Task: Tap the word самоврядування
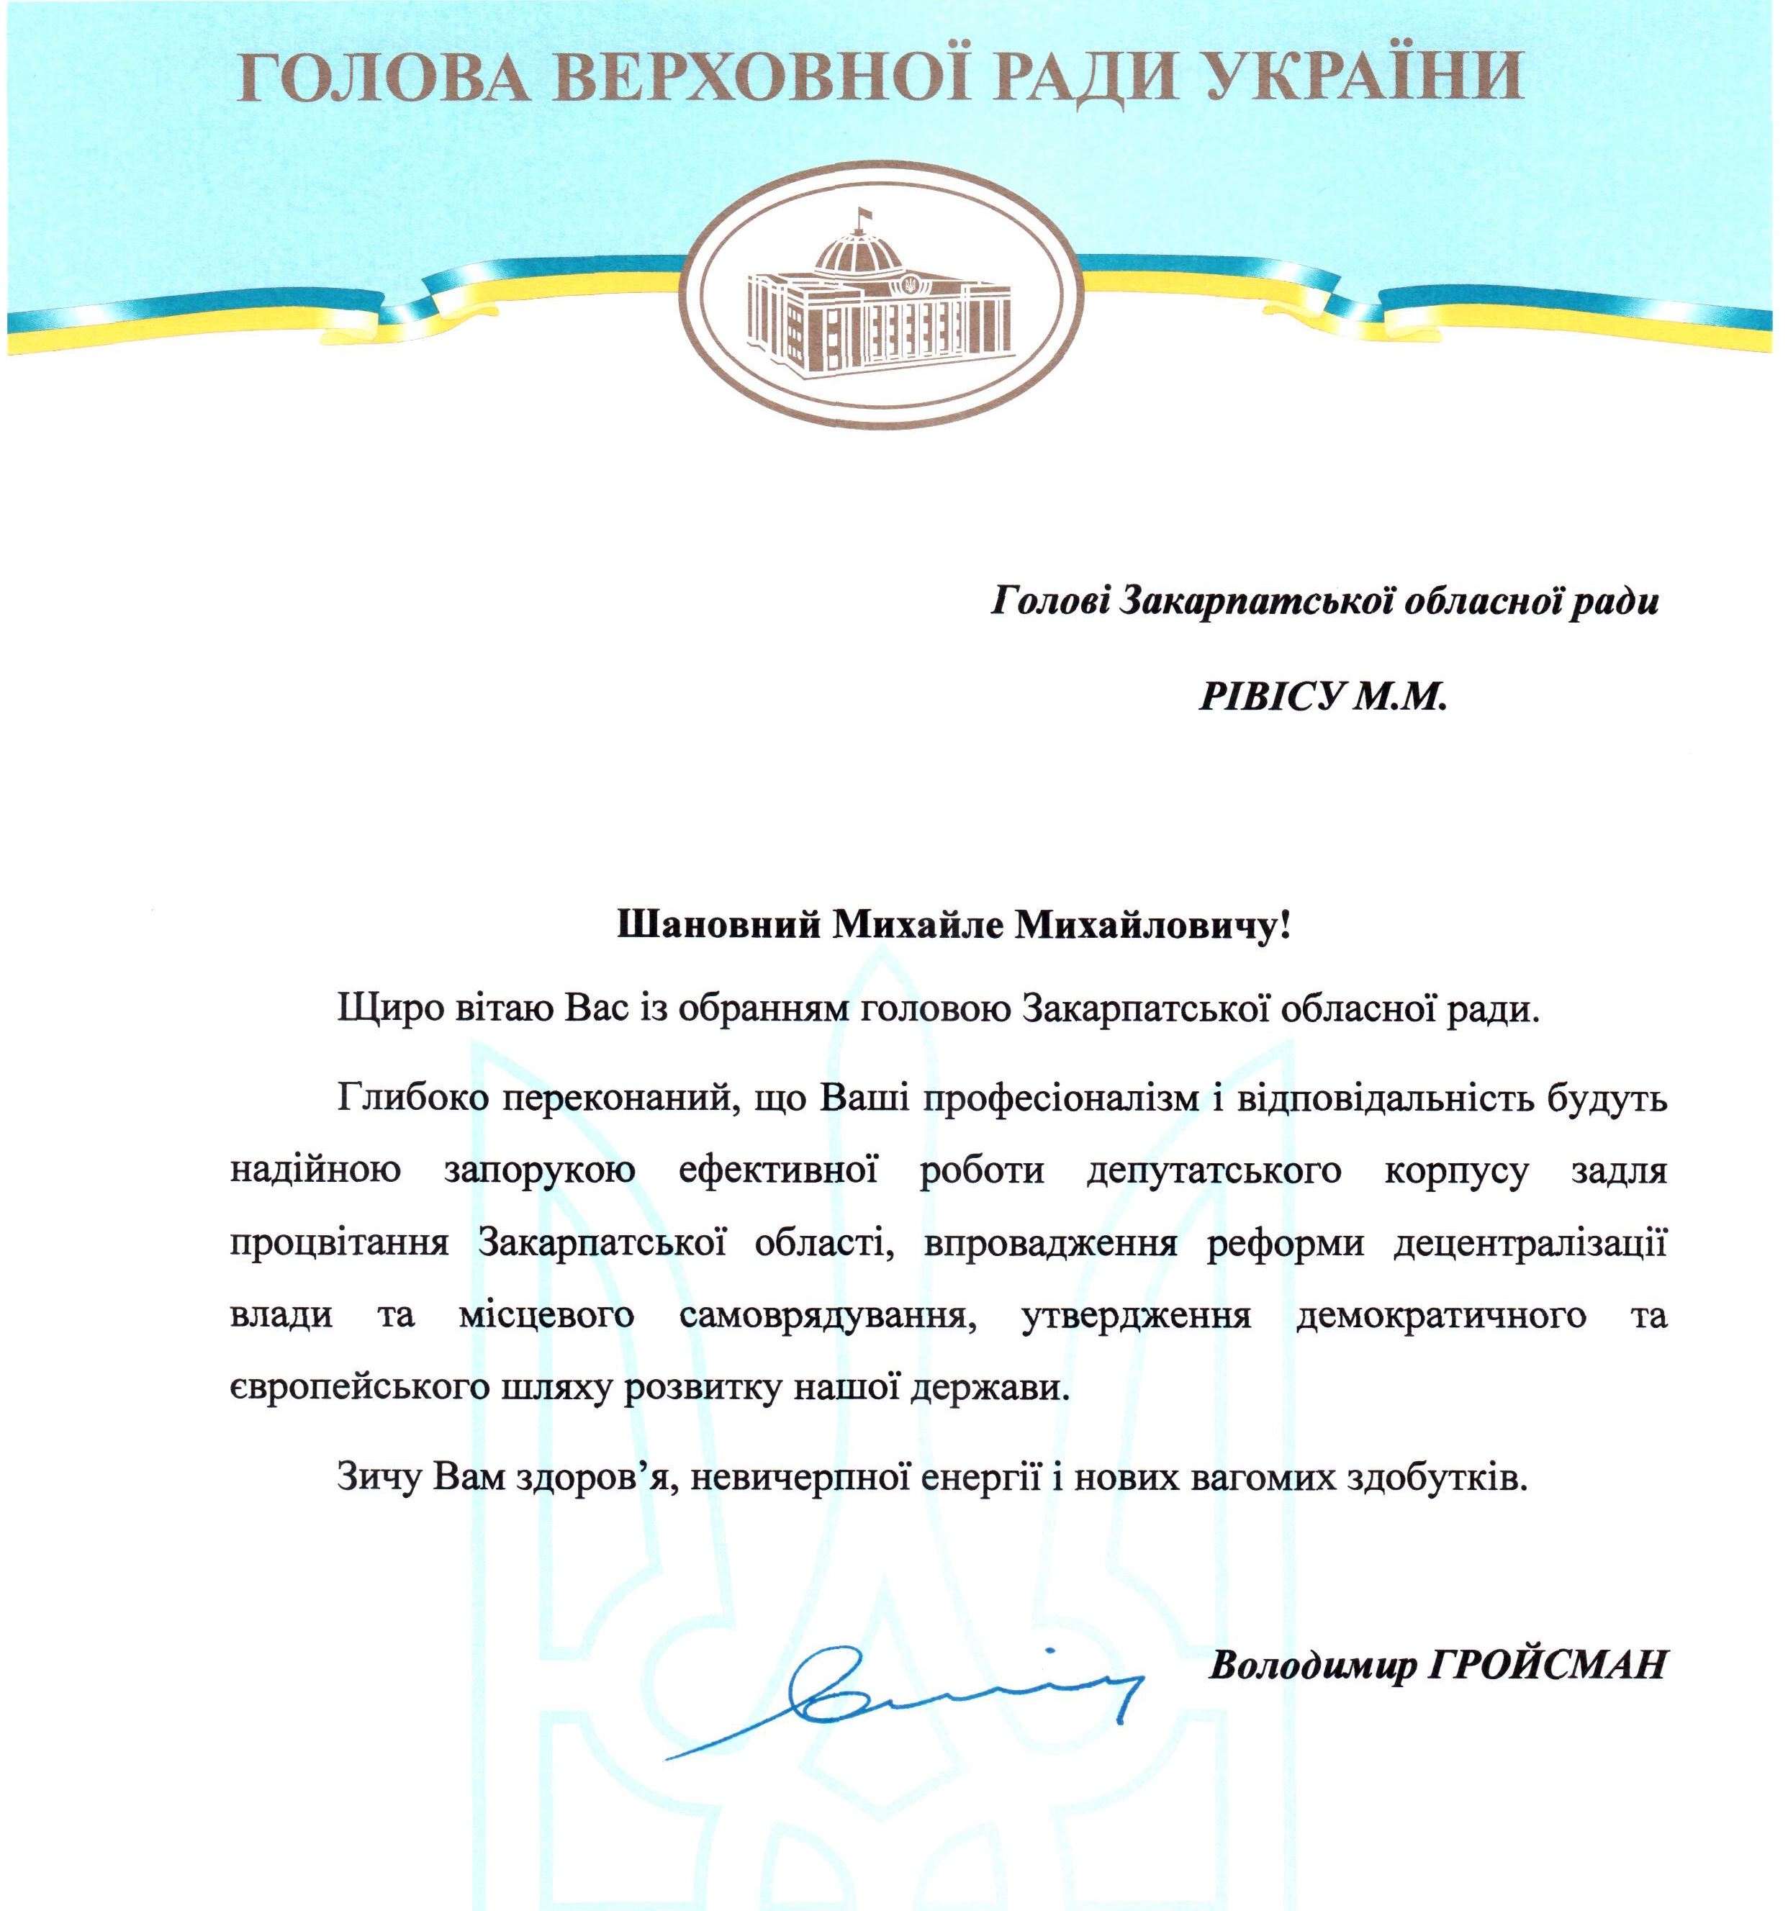point(823,1315)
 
